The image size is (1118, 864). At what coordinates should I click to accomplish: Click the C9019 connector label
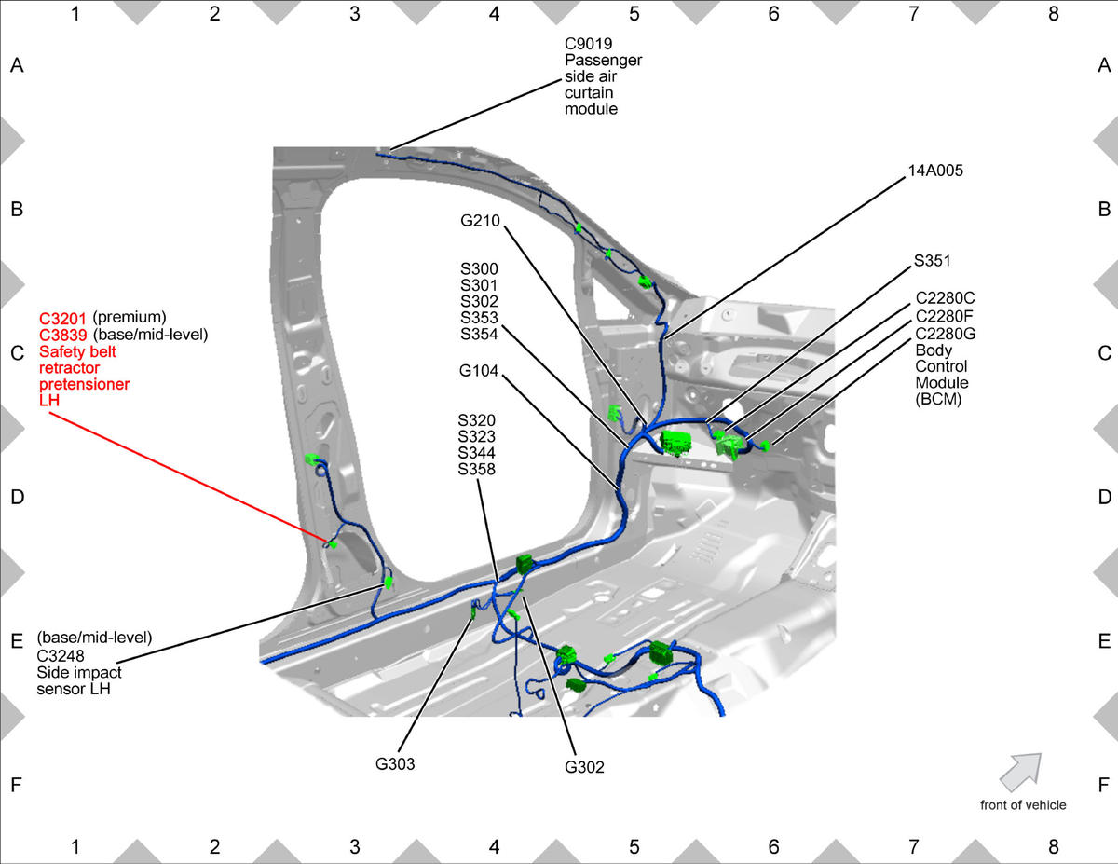pyautogui.click(x=589, y=44)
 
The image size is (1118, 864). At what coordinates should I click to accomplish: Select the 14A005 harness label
pyautogui.click(x=935, y=171)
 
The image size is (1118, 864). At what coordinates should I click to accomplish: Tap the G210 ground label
pyautogui.click(x=480, y=221)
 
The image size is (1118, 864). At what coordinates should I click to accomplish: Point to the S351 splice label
pyautogui.click(x=933, y=261)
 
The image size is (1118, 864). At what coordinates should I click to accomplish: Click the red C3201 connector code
pyautogui.click(x=62, y=319)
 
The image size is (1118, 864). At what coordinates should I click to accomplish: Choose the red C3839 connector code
pyautogui.click(x=63, y=335)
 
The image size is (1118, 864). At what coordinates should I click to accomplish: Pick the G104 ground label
pyautogui.click(x=479, y=371)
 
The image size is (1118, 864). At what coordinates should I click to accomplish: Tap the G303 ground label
pyautogui.click(x=395, y=764)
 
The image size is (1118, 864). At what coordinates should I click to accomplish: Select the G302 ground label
pyautogui.click(x=584, y=767)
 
